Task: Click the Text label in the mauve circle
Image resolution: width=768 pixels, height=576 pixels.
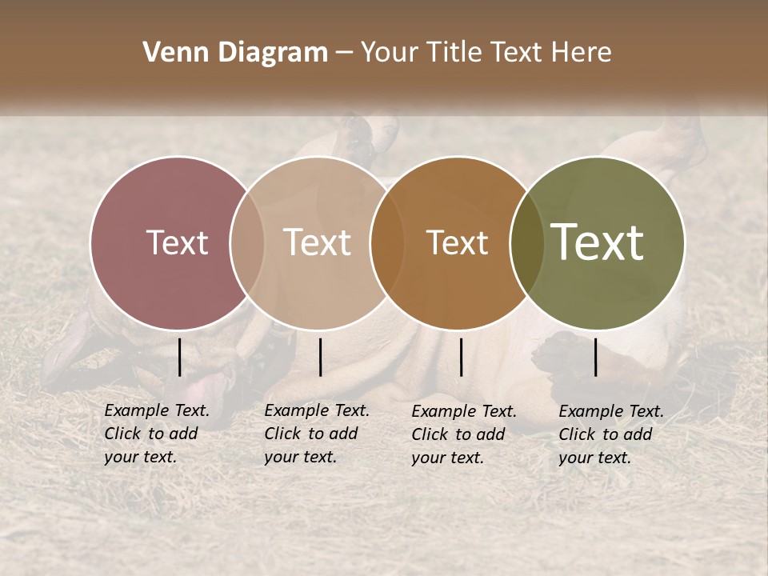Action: (x=177, y=242)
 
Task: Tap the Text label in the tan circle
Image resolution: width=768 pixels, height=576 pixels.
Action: (x=318, y=242)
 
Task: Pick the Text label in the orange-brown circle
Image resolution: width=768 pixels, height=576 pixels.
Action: (x=457, y=242)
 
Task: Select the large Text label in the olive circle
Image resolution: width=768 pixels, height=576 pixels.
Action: (x=598, y=242)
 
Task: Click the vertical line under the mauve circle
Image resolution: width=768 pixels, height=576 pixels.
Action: (x=180, y=357)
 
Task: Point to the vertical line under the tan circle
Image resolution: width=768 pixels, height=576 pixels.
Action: (x=320, y=357)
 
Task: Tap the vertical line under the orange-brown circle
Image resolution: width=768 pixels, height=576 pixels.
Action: (x=461, y=357)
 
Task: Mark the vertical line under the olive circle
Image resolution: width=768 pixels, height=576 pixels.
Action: (x=596, y=357)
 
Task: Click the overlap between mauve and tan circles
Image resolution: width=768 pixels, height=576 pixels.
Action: (x=247, y=242)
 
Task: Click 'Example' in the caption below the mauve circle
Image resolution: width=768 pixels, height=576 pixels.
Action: (x=132, y=410)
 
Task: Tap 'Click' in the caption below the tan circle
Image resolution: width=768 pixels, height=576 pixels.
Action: (x=282, y=434)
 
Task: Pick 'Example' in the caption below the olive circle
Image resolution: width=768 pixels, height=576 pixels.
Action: (x=586, y=411)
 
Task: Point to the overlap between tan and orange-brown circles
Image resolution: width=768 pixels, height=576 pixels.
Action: (x=386, y=242)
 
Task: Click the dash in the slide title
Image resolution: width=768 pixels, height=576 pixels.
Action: (x=343, y=54)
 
